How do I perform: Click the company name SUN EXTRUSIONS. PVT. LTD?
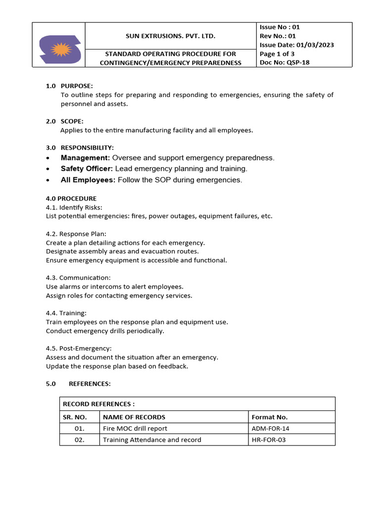[170, 36]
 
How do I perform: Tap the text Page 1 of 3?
[277, 54]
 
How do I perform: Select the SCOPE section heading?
[72, 121]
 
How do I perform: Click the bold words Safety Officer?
[87, 169]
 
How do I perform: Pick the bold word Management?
[85, 157]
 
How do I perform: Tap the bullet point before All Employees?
[47, 181]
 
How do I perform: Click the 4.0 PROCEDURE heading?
[71, 199]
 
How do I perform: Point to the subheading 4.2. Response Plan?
[76, 234]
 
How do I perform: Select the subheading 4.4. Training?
[66, 313]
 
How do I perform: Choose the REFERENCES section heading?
[90, 384]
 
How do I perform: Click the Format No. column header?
[270, 417]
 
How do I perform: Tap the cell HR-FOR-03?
[269, 440]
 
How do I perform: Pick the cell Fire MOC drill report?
[135, 428]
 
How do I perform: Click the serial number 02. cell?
[79, 440]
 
